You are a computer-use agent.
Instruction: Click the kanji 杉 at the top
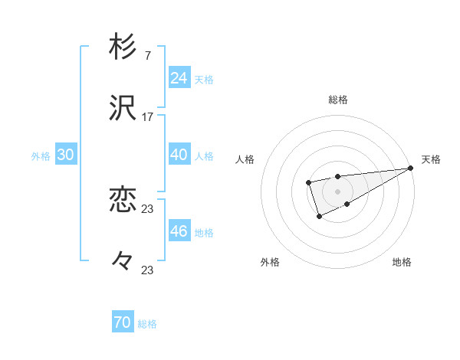click(x=123, y=47)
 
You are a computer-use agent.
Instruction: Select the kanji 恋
click(x=123, y=201)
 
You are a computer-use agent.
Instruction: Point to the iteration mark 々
click(x=123, y=261)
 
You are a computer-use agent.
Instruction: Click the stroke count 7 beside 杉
click(x=147, y=57)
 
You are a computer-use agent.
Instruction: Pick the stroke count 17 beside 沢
click(x=148, y=117)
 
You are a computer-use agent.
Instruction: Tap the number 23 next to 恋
click(x=148, y=209)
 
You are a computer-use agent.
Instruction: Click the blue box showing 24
click(x=179, y=78)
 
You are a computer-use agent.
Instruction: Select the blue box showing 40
click(x=179, y=155)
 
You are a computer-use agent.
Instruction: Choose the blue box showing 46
click(x=179, y=231)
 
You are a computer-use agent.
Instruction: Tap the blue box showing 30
click(x=66, y=155)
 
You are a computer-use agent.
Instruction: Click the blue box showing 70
click(x=123, y=323)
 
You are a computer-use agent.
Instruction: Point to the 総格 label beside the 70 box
click(x=147, y=324)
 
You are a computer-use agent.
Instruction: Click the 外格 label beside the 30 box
click(x=41, y=155)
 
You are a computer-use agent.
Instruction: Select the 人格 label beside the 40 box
click(x=204, y=155)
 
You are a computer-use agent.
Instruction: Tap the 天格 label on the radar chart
click(x=431, y=159)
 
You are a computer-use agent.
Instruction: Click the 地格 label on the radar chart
click(x=402, y=262)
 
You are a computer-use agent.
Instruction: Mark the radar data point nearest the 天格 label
click(x=411, y=169)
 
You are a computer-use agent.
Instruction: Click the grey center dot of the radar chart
click(x=337, y=191)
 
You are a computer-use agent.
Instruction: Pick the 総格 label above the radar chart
click(x=337, y=100)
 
